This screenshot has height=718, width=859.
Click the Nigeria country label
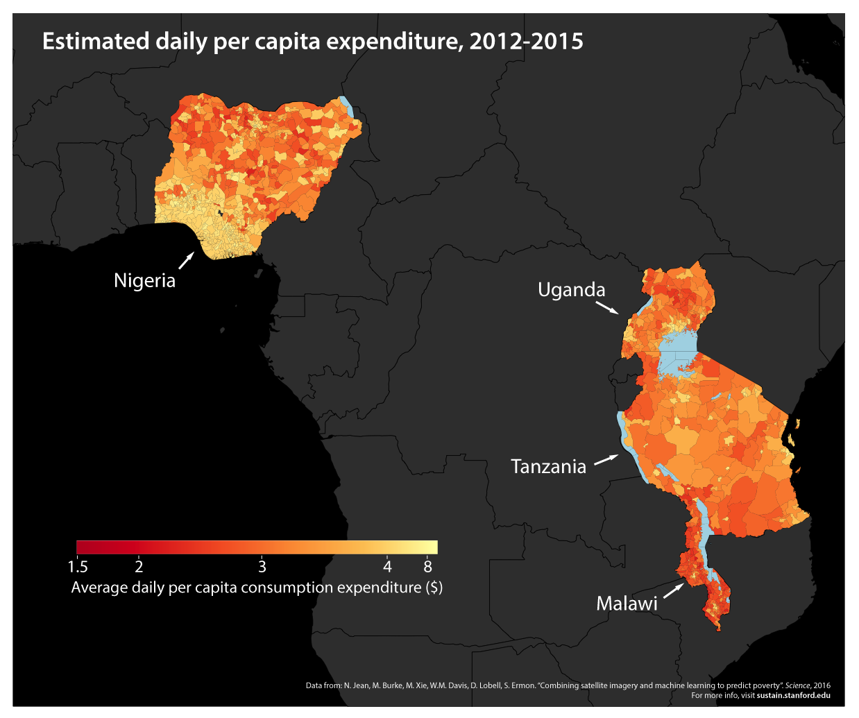[x=144, y=280]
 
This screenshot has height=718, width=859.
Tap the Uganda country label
[x=571, y=289]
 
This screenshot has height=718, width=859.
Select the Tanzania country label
[x=548, y=466]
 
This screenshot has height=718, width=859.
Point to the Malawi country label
[x=627, y=604]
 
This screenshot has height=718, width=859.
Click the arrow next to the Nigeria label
[x=185, y=261]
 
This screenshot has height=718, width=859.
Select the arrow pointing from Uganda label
[x=607, y=307]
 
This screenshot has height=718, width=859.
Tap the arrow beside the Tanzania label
[x=606, y=459]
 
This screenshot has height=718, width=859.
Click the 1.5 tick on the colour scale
[x=78, y=567]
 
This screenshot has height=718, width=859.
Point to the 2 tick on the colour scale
[x=139, y=567]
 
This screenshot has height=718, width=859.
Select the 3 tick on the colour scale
[x=262, y=567]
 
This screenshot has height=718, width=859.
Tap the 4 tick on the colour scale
[x=387, y=567]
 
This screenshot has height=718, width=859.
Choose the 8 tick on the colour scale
[x=428, y=567]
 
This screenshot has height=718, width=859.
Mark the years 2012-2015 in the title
[x=526, y=41]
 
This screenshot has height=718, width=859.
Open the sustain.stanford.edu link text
[x=793, y=695]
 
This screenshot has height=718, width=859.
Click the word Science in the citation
[x=797, y=685]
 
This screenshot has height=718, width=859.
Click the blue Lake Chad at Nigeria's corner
[x=348, y=107]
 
